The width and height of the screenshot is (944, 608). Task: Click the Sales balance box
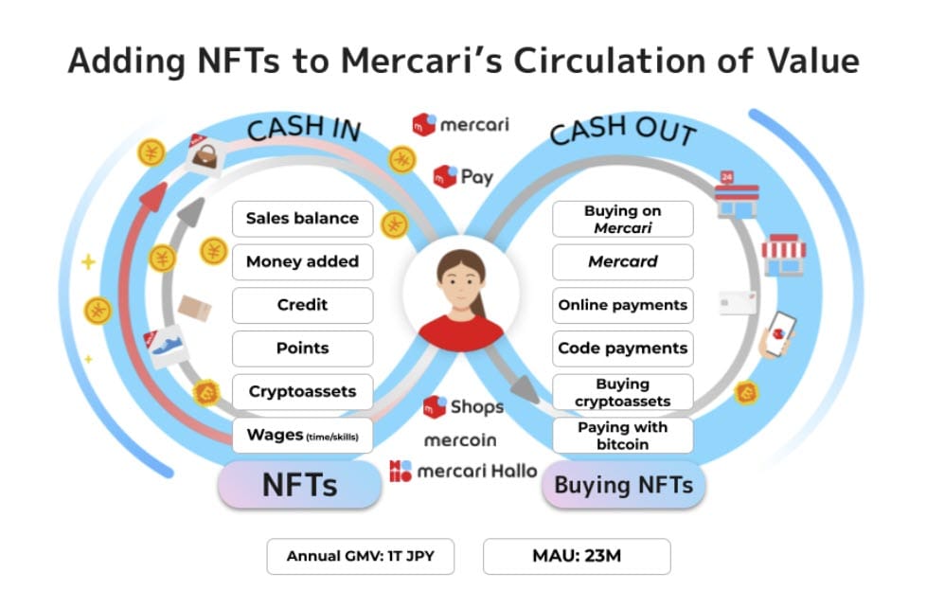(x=302, y=219)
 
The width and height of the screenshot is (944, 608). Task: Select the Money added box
(x=302, y=262)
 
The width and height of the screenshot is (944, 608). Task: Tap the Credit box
(x=302, y=305)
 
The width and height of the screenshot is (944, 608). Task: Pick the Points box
(x=302, y=349)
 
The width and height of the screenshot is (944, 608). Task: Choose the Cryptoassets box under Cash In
(x=302, y=391)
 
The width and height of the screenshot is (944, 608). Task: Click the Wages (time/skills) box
(x=302, y=435)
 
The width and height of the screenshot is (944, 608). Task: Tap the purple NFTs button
(x=299, y=485)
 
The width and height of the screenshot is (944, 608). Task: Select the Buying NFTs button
(x=623, y=486)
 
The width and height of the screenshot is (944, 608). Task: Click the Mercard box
(x=622, y=262)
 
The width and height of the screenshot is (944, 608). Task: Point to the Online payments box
(x=622, y=305)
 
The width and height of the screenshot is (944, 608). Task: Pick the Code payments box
(x=622, y=349)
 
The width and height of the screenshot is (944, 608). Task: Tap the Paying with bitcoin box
(x=622, y=435)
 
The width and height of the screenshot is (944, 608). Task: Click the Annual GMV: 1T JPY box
(x=360, y=556)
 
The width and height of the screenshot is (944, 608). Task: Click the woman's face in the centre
(x=460, y=281)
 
